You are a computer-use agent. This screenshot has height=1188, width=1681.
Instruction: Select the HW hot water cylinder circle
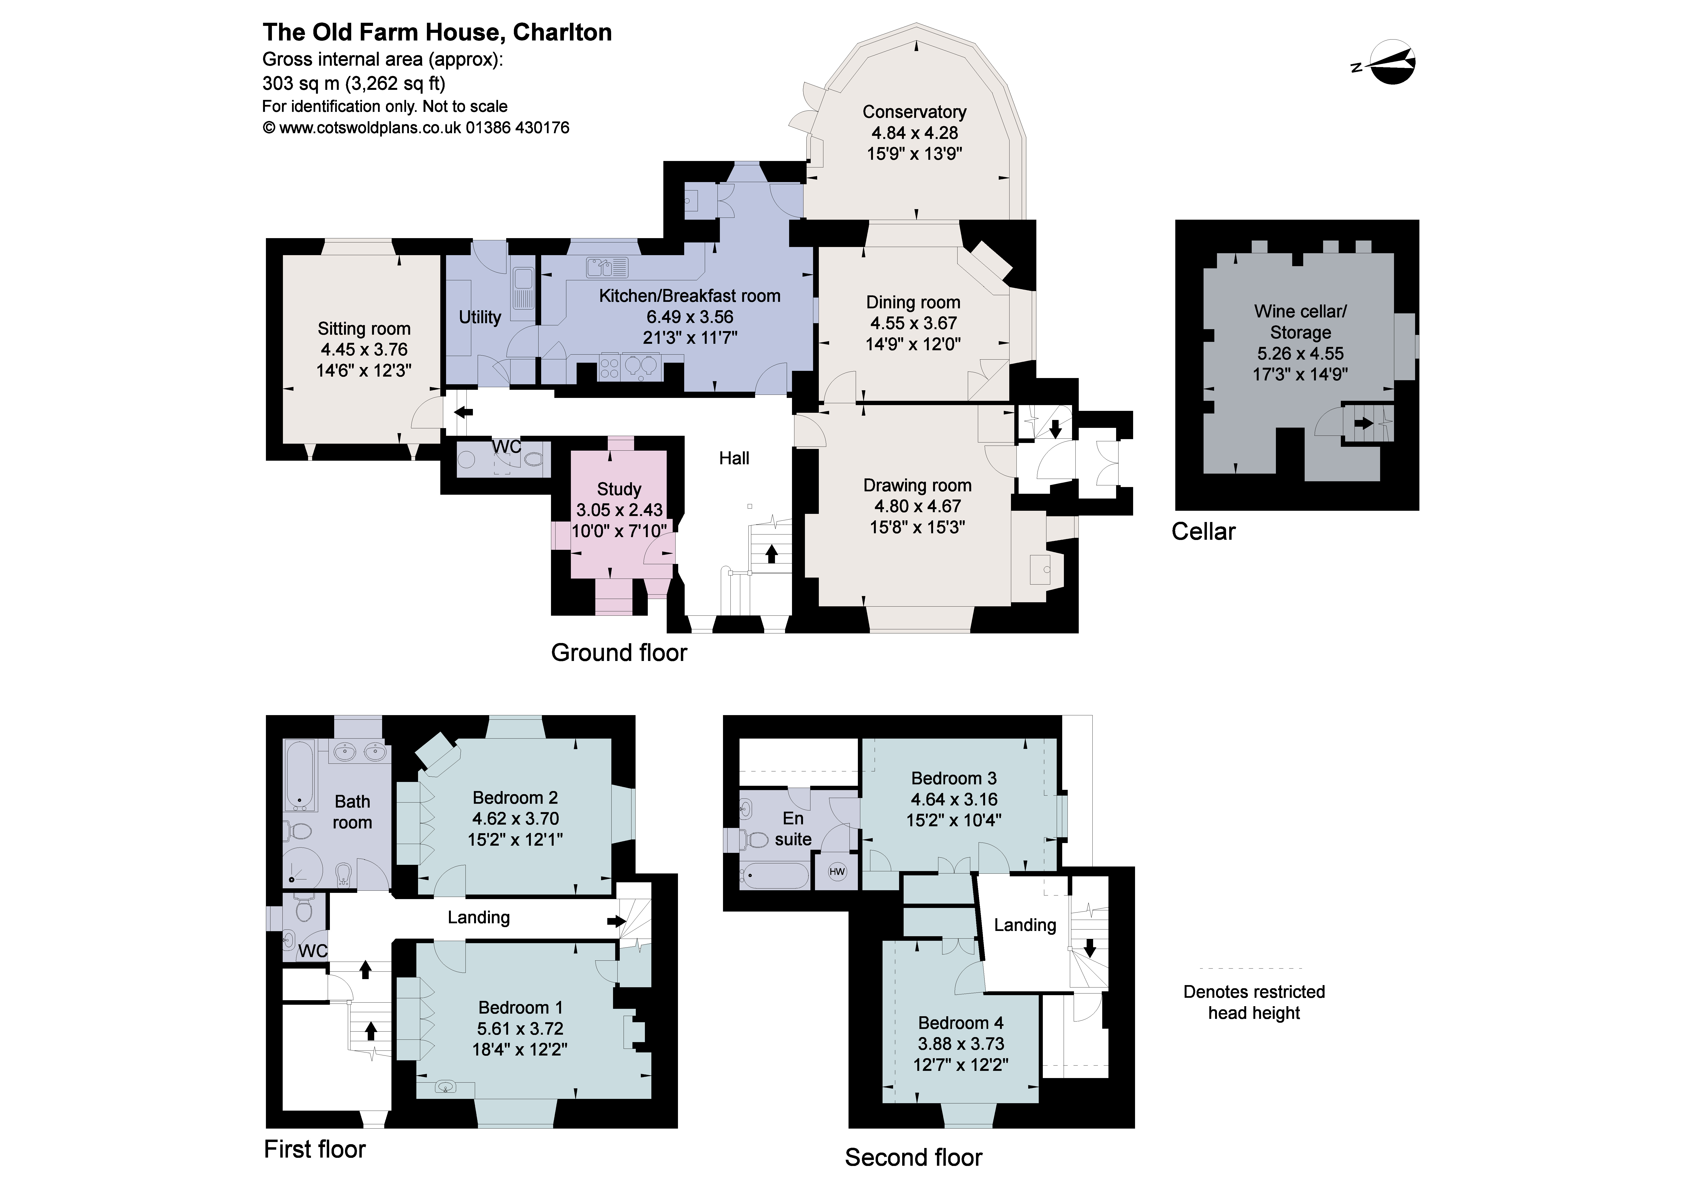pos(837,871)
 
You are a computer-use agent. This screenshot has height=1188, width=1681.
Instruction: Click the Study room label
pos(619,489)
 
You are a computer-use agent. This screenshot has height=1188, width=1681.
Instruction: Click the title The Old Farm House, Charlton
pos(437,32)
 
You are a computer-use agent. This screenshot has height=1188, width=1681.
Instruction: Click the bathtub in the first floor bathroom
pos(299,776)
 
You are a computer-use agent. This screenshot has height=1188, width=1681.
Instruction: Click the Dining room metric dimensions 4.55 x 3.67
pos(913,323)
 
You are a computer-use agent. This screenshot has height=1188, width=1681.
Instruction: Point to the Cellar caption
pos(1203,531)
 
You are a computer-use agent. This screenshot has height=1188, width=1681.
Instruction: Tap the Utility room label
pos(480,317)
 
